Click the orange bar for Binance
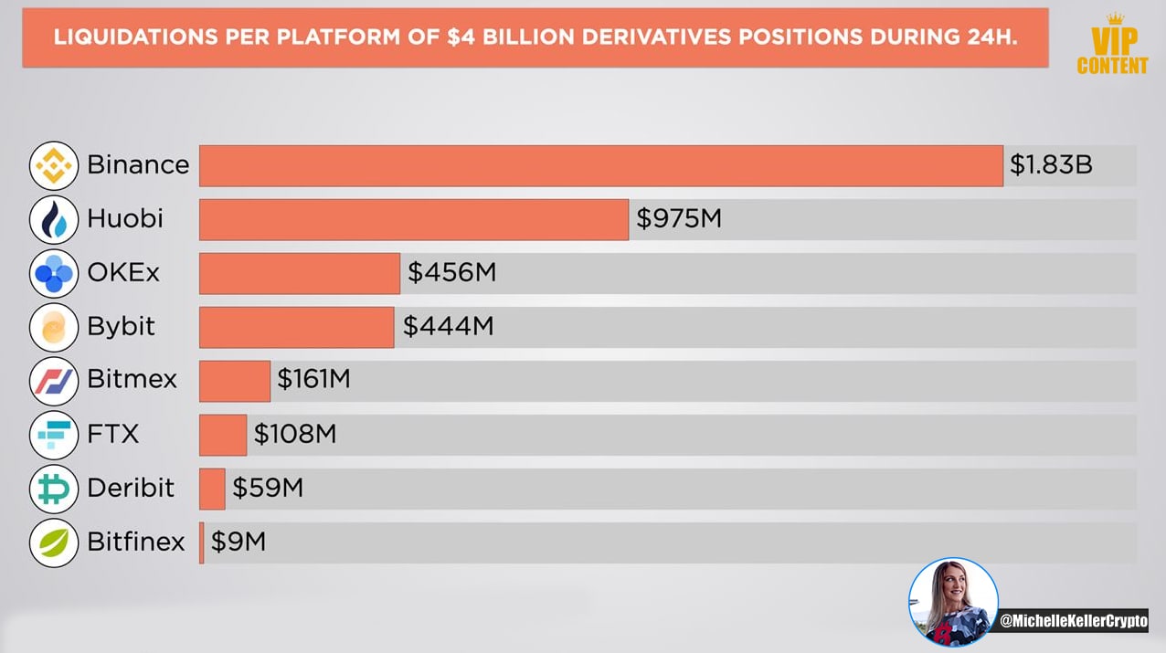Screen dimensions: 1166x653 tap(601, 165)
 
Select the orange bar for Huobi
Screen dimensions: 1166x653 tap(414, 219)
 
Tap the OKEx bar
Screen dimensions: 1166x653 tap(300, 274)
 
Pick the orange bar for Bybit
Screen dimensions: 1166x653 tap(297, 327)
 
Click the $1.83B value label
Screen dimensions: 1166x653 tap(1051, 164)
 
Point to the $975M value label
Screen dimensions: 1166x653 tap(679, 218)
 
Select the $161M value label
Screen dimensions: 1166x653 tap(313, 378)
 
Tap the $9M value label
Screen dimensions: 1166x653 tap(238, 542)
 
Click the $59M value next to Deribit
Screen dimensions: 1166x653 tap(268, 488)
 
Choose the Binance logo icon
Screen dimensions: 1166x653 tap(54, 165)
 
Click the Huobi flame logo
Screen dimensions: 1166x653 tap(54, 219)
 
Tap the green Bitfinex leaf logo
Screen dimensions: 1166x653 tap(54, 542)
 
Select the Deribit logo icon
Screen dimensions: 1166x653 tap(54, 490)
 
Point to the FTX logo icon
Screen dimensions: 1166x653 tap(54, 435)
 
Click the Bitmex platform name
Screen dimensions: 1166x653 tap(132, 378)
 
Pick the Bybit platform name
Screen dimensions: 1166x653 tap(121, 327)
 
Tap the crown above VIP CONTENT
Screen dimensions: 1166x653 tap(1115, 19)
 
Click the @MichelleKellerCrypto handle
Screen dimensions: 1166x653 tap(1074, 621)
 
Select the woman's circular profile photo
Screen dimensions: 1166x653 tap(953, 603)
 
